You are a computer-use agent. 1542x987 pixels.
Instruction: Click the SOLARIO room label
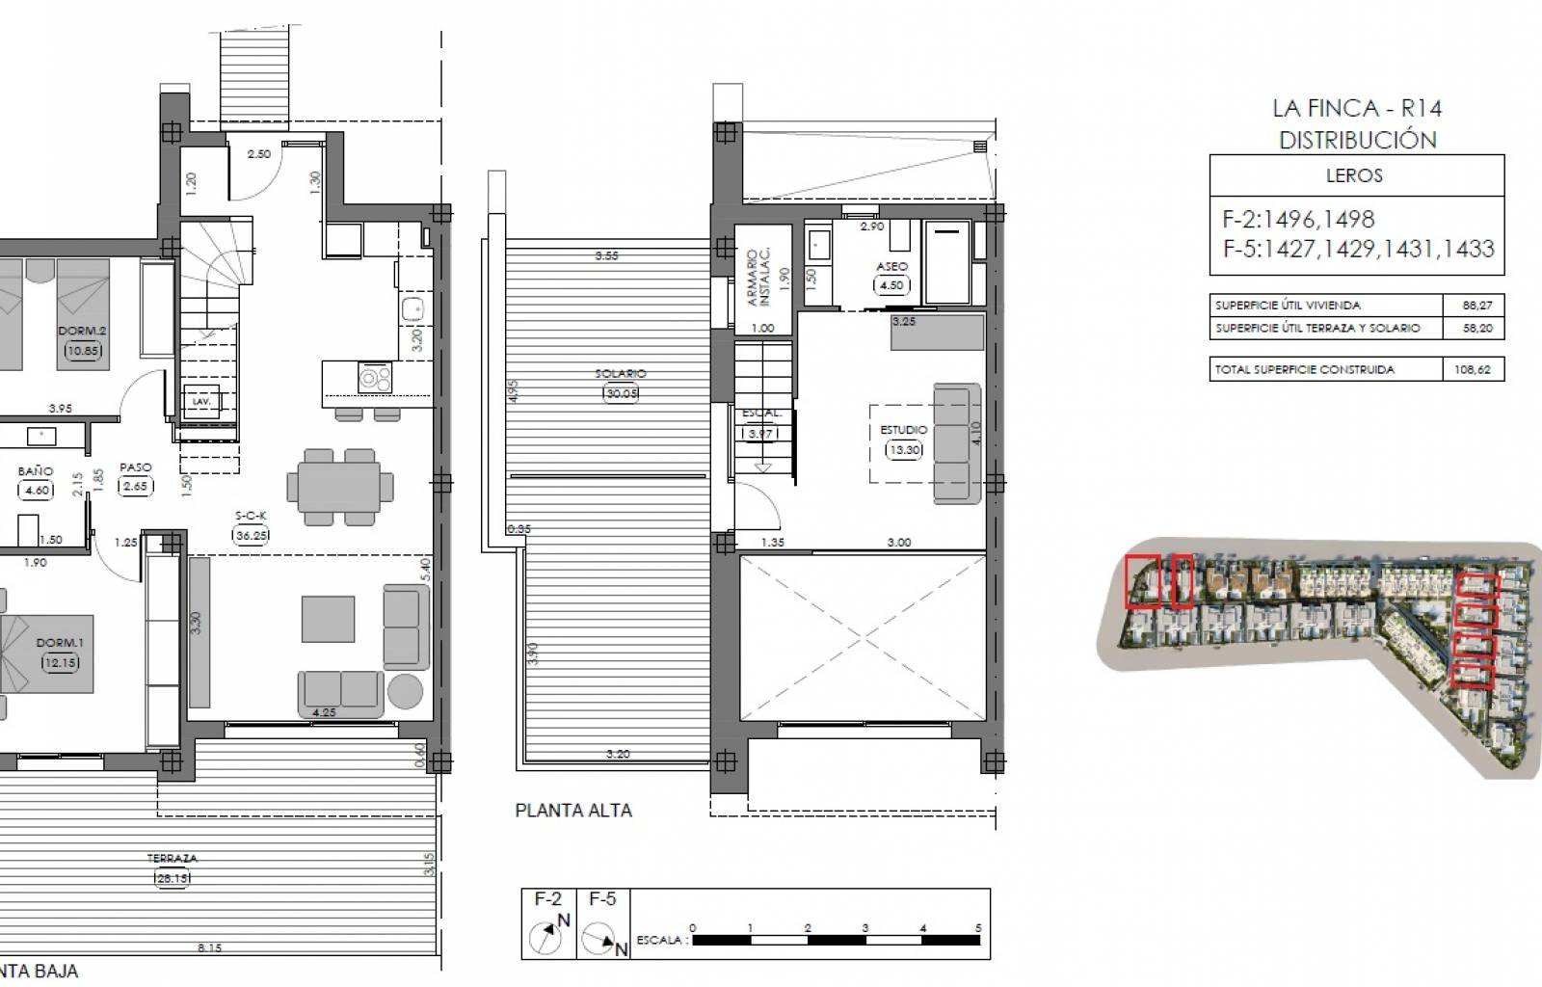621,373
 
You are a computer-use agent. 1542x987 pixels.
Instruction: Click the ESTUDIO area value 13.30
904,449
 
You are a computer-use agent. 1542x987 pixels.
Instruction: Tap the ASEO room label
891,267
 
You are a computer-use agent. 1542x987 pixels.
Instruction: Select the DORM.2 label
82,331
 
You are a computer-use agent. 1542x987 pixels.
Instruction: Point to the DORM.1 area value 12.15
60,662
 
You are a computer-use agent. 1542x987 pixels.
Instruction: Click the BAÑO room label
36,471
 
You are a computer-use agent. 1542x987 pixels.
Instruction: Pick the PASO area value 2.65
135,486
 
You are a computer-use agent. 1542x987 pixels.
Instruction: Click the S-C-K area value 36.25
251,536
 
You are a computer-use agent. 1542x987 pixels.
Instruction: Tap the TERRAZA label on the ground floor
173,858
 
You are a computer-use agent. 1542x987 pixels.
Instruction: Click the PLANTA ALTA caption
573,811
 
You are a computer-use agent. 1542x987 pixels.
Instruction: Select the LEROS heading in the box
1355,175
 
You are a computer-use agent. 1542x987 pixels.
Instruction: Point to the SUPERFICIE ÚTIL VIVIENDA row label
1288,306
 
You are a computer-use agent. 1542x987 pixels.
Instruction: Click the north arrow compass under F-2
545,936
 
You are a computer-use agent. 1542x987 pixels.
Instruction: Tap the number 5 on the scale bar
978,928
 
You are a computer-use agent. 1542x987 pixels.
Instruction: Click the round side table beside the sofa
404,692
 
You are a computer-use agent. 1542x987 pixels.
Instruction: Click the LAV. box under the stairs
201,401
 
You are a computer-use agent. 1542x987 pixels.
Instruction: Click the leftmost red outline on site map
1143,582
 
